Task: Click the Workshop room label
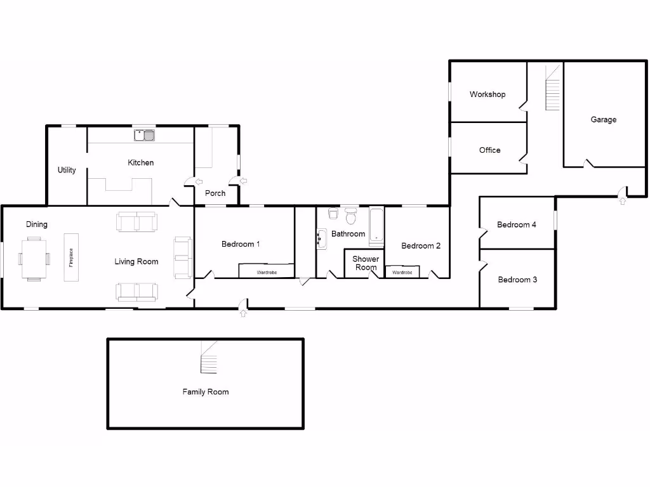click(x=487, y=94)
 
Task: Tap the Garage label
click(x=603, y=119)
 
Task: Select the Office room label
click(x=489, y=150)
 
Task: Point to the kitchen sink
click(x=145, y=134)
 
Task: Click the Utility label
click(x=67, y=170)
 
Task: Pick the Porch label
click(x=215, y=193)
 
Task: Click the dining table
click(x=34, y=258)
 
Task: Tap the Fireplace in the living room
click(x=71, y=257)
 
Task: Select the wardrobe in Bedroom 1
click(x=266, y=271)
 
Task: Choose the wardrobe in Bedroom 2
click(x=402, y=272)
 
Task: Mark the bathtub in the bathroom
click(x=376, y=226)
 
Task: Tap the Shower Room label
click(x=366, y=263)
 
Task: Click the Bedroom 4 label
click(x=517, y=224)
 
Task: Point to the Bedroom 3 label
click(x=517, y=280)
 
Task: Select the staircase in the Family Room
click(x=209, y=358)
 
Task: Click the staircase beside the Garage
click(x=554, y=88)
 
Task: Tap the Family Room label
click(x=206, y=392)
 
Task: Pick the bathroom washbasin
click(x=321, y=239)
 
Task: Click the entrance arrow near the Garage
click(x=622, y=201)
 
